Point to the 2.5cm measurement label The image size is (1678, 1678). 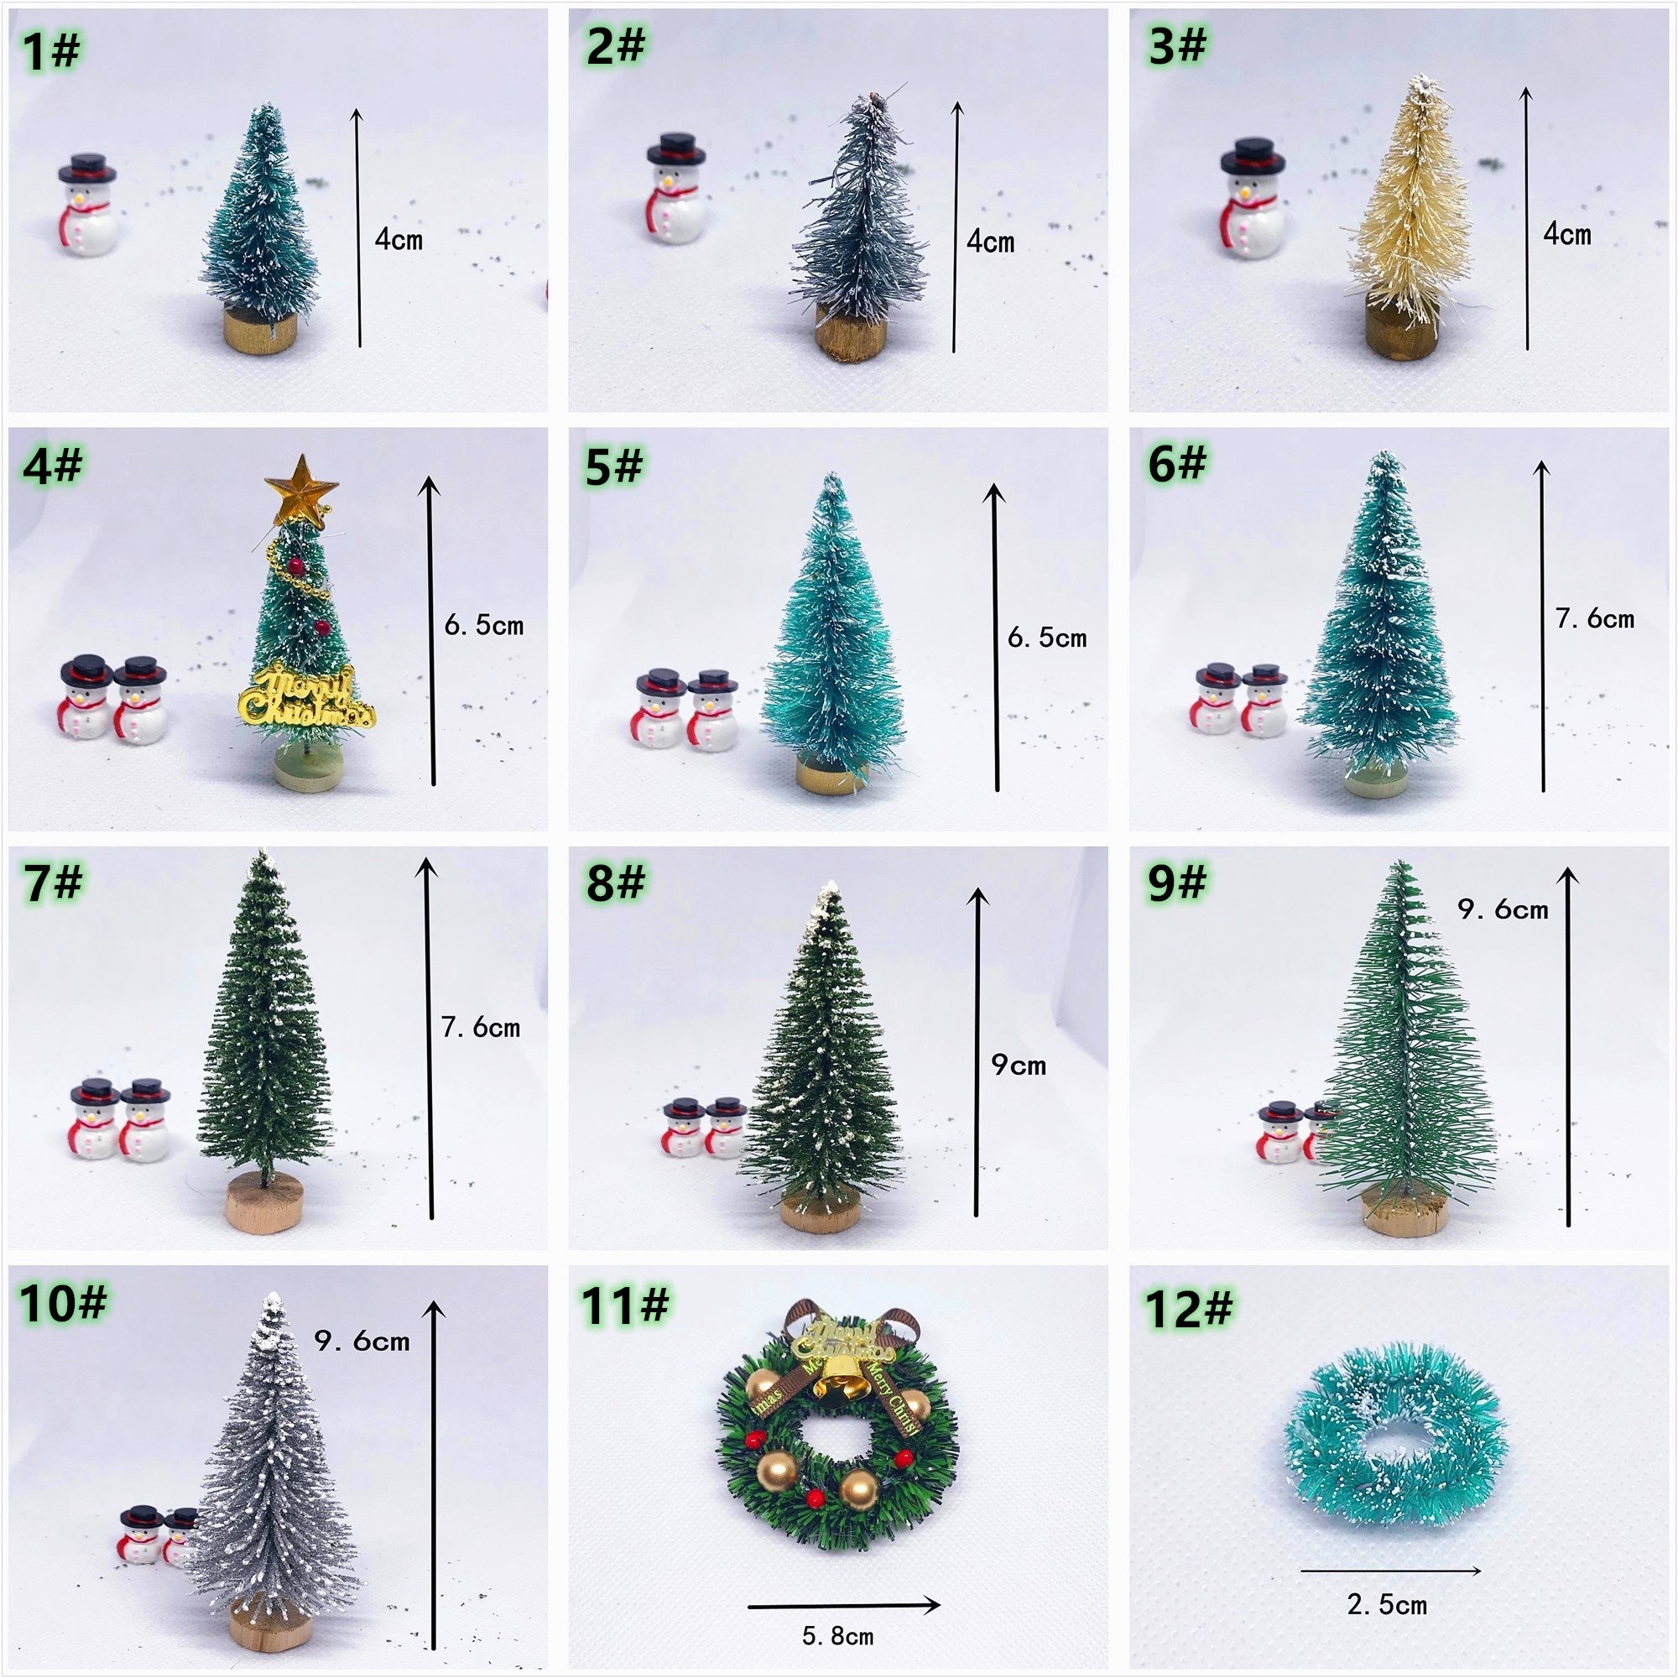[x=1387, y=1604]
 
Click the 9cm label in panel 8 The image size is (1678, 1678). [x=1018, y=1066]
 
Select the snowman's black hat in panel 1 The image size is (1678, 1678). [x=88, y=166]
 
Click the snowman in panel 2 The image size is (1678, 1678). [x=675, y=192]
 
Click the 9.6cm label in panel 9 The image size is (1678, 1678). [x=1503, y=909]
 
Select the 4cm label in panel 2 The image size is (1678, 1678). [x=990, y=242]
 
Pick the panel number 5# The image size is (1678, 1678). [x=613, y=466]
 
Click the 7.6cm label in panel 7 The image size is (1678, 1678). [x=480, y=1029]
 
